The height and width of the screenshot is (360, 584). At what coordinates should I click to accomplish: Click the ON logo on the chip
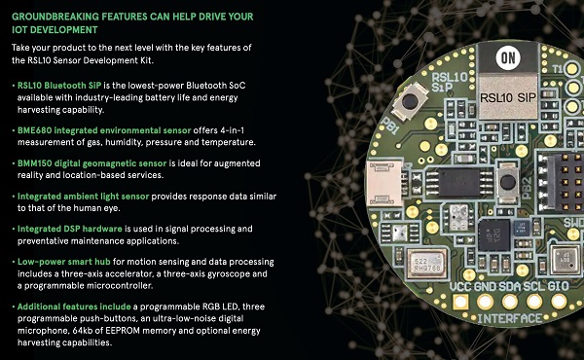point(508,57)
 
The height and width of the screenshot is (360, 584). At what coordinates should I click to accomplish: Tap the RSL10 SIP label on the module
point(508,98)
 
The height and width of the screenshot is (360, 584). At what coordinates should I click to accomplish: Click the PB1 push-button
point(410,101)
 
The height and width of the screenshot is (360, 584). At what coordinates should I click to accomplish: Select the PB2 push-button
point(508,182)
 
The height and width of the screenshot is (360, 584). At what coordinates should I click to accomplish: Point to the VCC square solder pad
point(460,302)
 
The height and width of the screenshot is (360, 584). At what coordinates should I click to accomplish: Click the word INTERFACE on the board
point(510,319)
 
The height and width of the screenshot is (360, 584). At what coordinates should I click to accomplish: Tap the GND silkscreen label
point(485,286)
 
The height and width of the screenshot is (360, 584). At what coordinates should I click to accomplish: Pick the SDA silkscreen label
point(509,286)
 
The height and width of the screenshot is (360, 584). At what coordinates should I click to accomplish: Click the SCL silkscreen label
point(534,286)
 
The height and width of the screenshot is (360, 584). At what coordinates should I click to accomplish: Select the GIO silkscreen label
point(559,286)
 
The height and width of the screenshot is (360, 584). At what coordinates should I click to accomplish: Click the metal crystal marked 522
point(426,264)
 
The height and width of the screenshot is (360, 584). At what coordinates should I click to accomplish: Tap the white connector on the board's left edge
point(385,183)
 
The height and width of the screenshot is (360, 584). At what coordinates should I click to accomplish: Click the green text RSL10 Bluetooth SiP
point(59,86)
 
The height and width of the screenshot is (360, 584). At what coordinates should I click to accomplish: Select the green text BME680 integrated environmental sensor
point(104,130)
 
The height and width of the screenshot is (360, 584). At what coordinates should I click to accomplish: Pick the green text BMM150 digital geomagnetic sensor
point(92,163)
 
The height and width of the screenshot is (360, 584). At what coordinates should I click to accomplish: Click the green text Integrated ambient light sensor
point(83,197)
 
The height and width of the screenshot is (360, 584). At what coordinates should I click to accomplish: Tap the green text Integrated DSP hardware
point(70,229)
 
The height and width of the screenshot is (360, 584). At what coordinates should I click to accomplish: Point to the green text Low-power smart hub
point(63,262)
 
